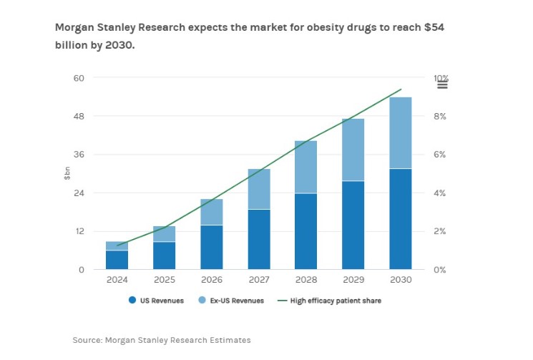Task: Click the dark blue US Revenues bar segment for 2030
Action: tap(401, 219)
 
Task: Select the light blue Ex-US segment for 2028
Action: tap(306, 167)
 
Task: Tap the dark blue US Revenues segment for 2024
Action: tap(117, 260)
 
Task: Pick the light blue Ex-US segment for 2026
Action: tap(212, 212)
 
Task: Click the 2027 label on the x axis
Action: tap(259, 280)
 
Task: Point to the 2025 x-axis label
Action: tap(165, 280)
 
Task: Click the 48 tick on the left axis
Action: tap(79, 116)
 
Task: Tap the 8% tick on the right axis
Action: tap(440, 116)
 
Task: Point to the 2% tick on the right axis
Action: tap(440, 231)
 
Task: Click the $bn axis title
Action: tap(67, 173)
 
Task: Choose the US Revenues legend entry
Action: tap(158, 301)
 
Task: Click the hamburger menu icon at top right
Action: tap(442, 84)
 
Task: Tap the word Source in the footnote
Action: tap(87, 339)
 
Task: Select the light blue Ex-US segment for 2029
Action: tap(353, 150)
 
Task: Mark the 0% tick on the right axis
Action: tap(440, 270)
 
